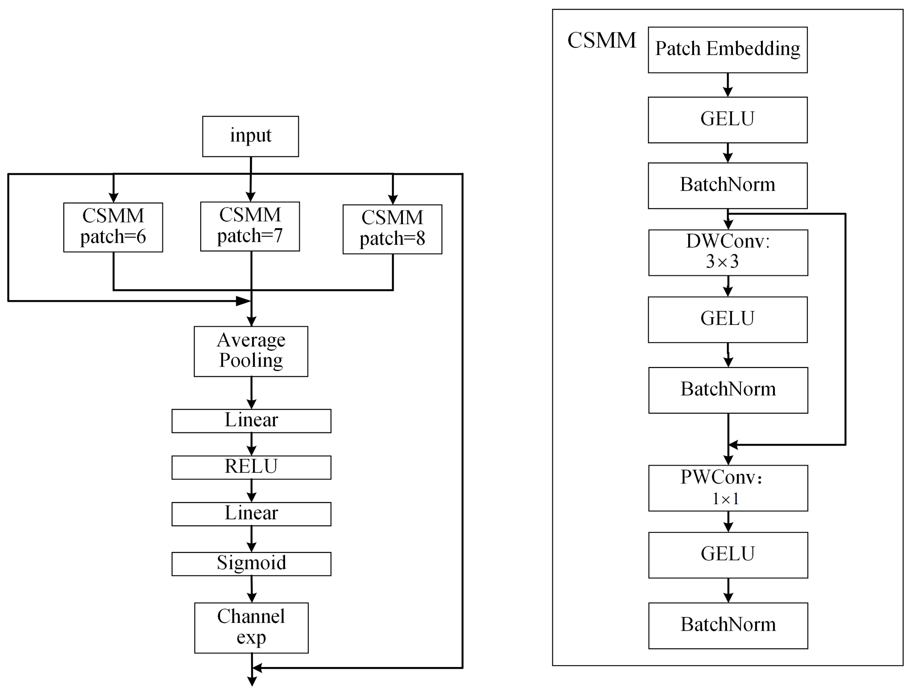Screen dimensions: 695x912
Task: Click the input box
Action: (x=251, y=136)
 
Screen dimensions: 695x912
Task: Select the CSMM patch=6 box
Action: (x=113, y=227)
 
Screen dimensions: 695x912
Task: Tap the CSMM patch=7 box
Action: (x=250, y=226)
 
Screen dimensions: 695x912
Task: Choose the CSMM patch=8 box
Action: (x=392, y=229)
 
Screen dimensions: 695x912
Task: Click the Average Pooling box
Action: (x=251, y=351)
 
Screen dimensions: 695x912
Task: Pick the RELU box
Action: (x=251, y=467)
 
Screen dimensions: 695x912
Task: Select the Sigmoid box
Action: (x=251, y=564)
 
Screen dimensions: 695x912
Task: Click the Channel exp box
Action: (x=251, y=628)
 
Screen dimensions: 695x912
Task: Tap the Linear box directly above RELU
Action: (x=251, y=421)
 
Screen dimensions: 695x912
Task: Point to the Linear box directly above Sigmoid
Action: (x=251, y=514)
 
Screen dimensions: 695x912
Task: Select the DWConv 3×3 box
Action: (x=728, y=252)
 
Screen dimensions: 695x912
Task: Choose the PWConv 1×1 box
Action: (x=728, y=488)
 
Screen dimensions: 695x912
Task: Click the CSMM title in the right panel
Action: (x=601, y=40)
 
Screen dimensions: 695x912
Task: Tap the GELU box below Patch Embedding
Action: (x=727, y=120)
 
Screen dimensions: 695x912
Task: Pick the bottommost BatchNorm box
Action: (x=728, y=626)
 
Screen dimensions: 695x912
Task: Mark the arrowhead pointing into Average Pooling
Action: (x=251, y=321)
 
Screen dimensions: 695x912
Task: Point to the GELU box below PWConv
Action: (x=728, y=555)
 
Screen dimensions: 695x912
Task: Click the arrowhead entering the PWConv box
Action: (x=728, y=460)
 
